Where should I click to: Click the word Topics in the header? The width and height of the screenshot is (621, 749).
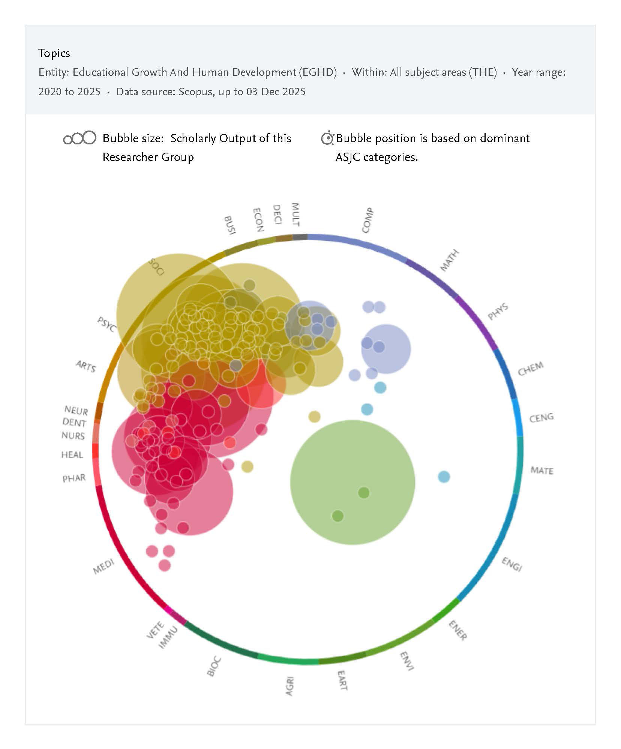54,53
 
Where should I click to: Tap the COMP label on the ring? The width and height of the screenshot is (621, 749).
367,220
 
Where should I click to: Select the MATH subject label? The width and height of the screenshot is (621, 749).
449,260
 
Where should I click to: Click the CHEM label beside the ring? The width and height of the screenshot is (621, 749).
530,368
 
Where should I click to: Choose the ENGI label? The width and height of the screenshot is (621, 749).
512,564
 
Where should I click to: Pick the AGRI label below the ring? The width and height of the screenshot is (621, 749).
289,686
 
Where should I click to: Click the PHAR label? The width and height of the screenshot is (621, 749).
74,478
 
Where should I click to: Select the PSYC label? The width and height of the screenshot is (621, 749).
106,324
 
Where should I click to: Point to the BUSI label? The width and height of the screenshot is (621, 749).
229,225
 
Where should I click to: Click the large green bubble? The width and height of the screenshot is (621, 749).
352,482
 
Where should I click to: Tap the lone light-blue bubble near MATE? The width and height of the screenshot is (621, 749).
444,477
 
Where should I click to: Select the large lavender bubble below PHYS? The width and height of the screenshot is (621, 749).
386,349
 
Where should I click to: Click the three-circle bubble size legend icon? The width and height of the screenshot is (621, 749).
79,138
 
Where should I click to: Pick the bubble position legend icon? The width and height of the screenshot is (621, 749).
327,138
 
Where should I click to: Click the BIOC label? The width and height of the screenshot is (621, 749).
214,666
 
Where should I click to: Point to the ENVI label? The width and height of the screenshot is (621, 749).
406,661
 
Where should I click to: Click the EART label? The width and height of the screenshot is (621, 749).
342,681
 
